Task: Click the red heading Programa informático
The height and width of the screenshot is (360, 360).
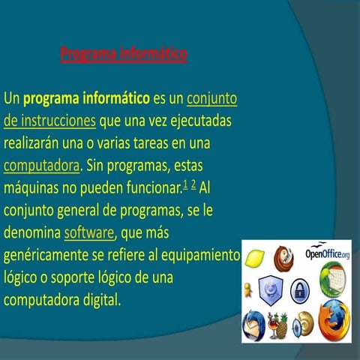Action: click(x=124, y=54)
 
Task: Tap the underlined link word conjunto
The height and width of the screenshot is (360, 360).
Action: click(x=211, y=98)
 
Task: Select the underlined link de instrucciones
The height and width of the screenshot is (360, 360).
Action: click(x=49, y=120)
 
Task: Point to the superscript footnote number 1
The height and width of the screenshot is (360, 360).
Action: click(x=185, y=183)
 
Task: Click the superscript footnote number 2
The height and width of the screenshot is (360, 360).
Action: click(x=193, y=183)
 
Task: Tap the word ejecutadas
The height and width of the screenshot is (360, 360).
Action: click(x=197, y=120)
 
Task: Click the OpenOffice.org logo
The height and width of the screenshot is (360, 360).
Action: click(x=328, y=255)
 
